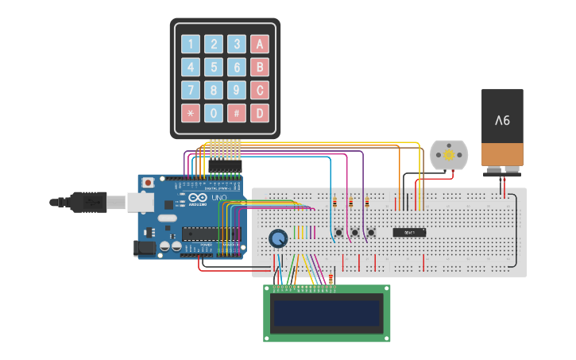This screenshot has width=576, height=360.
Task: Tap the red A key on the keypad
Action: coord(259,45)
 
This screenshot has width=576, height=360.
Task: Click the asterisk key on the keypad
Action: coord(191,113)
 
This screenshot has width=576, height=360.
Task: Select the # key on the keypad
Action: coord(237,113)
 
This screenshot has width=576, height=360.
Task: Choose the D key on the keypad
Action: coord(259,113)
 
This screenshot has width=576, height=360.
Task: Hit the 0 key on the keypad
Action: coord(214,113)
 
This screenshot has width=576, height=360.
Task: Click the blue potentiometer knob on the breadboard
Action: coord(278,238)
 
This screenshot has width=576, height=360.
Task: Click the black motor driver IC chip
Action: coord(410,232)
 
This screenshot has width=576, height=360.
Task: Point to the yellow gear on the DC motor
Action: coord(449,155)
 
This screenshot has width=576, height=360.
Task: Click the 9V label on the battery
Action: coord(502,121)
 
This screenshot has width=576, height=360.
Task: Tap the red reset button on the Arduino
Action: coord(147,183)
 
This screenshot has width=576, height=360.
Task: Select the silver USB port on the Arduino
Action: coord(140,203)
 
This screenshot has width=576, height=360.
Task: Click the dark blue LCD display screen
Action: coord(327,313)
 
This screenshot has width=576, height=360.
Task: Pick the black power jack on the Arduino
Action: coord(143,248)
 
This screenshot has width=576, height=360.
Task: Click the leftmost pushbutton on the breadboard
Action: coord(338,233)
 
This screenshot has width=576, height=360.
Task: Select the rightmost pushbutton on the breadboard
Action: coord(371,233)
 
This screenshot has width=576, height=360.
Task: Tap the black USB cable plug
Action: coord(87,203)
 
